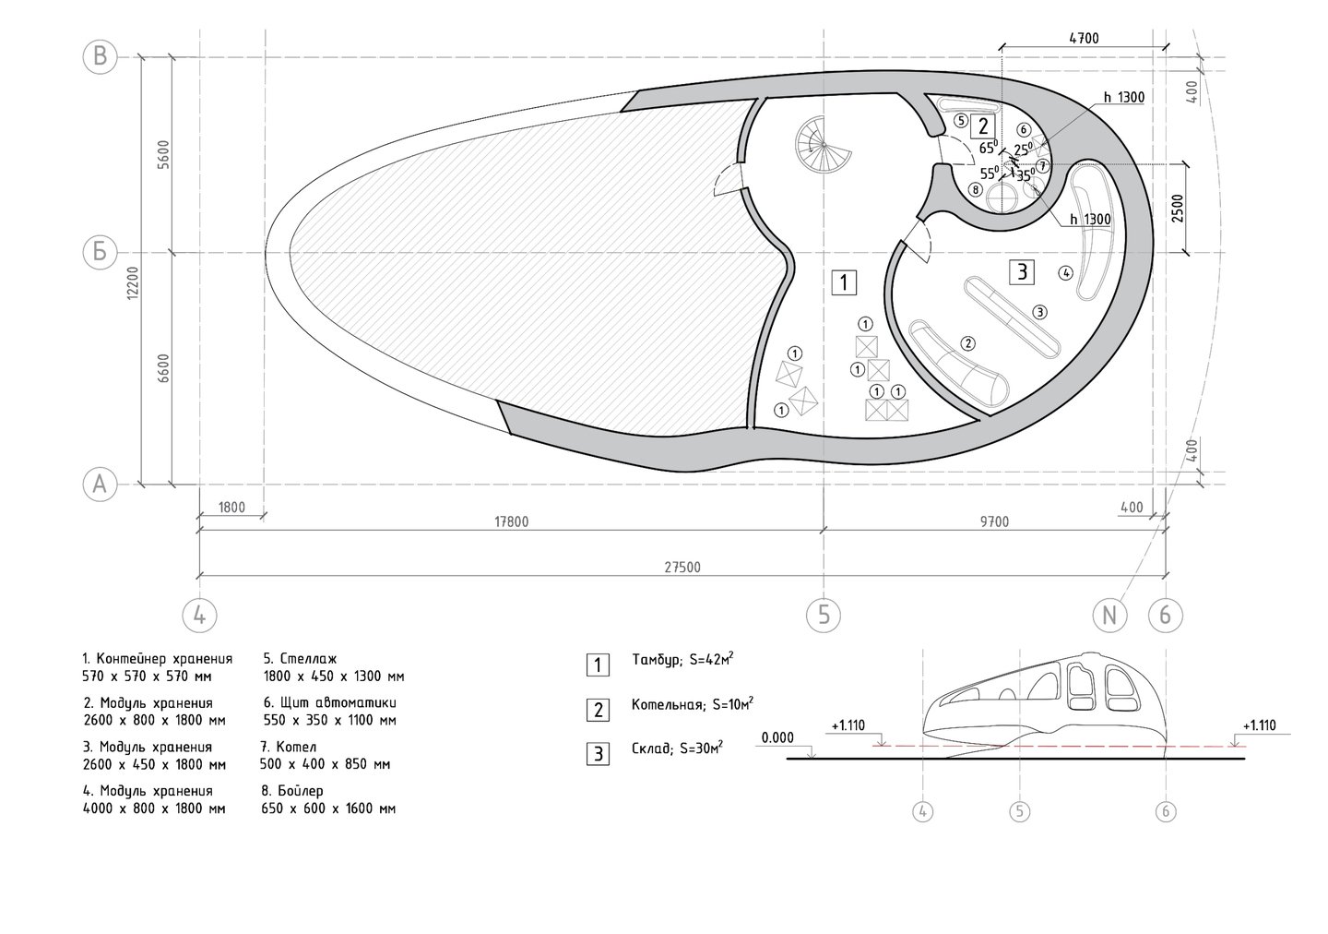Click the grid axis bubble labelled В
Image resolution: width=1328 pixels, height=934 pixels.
(100, 57)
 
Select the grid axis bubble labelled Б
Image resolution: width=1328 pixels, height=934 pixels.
(100, 252)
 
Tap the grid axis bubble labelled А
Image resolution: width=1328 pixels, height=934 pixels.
(100, 485)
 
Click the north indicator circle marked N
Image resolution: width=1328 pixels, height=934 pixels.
(1109, 616)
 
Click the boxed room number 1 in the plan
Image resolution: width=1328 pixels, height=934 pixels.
(844, 282)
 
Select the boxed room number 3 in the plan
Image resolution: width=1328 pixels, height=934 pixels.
(1022, 271)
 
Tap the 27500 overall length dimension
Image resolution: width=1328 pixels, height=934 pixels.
(682, 568)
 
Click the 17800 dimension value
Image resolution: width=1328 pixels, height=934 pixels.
(511, 521)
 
